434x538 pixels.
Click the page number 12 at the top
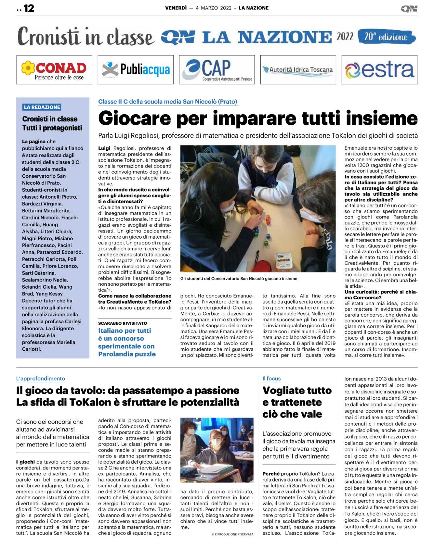tap(29, 8)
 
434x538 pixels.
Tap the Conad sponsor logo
tap(54, 70)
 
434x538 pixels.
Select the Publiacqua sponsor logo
tap(136, 70)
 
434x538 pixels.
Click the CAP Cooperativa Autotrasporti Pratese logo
tap(217, 70)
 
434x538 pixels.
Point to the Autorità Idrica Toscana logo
tap(298, 70)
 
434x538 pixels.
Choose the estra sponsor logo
tap(379, 70)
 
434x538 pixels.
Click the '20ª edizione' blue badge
tap(386, 37)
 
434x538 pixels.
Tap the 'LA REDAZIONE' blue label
tap(42, 107)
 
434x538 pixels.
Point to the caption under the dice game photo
tap(239, 279)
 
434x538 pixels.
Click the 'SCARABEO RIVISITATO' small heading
tap(123, 323)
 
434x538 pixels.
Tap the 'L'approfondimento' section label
tap(41, 378)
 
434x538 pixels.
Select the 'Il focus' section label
tap(271, 378)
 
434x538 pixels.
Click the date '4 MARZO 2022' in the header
tap(214, 8)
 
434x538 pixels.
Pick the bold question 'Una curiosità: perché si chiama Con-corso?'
tap(381, 294)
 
